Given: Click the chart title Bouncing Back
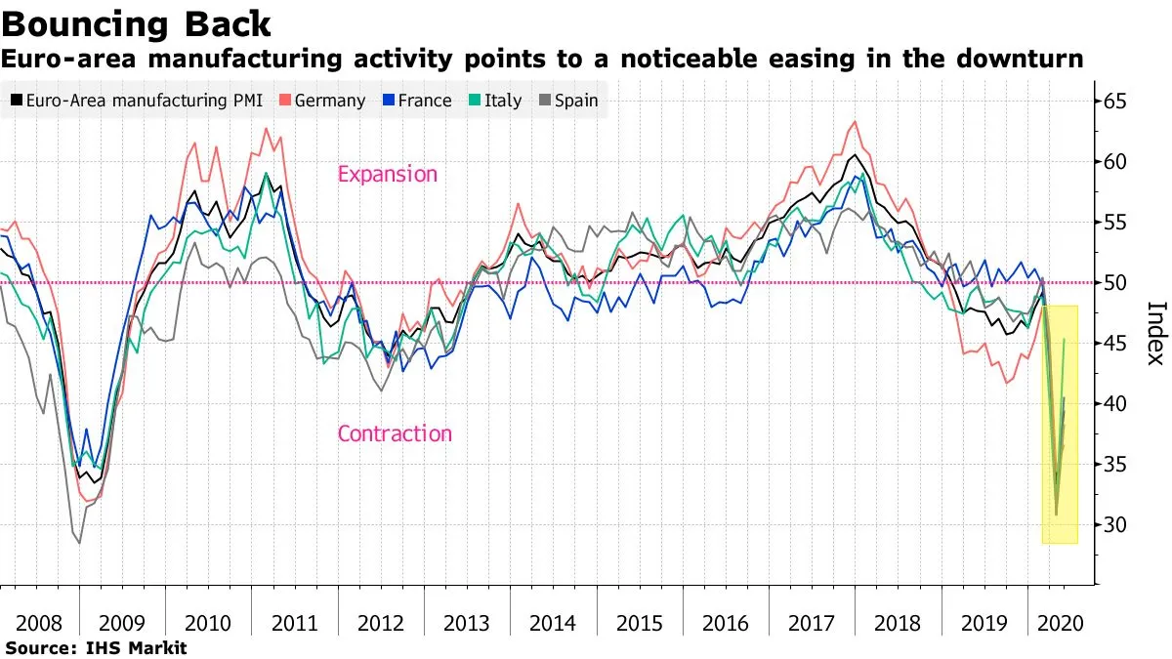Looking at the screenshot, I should (x=136, y=21).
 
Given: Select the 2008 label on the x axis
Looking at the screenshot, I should (x=39, y=622).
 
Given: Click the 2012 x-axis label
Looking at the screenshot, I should (x=381, y=622).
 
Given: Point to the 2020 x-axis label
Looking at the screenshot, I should (x=1058, y=622).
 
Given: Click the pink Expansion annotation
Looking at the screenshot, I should (x=388, y=175).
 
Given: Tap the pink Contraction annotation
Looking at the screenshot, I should (x=395, y=433).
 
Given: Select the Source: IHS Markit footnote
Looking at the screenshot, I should (x=95, y=647).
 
